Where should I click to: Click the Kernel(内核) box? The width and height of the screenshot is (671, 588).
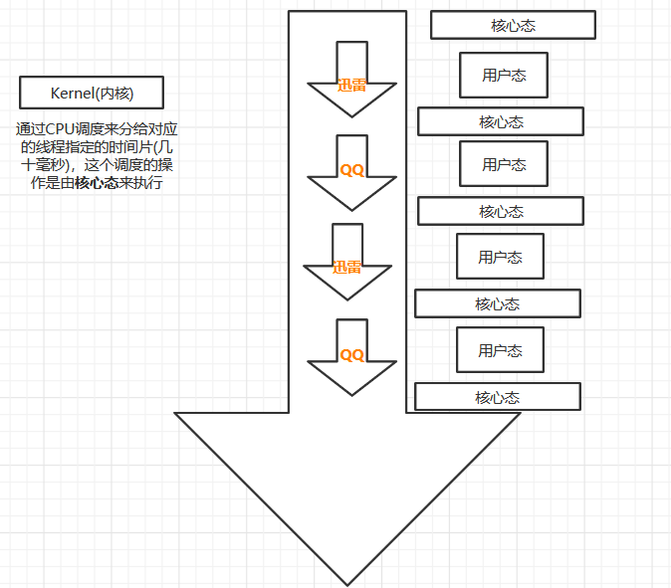[92, 94]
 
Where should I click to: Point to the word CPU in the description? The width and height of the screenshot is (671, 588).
[61, 129]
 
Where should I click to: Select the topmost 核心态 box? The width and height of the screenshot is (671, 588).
[513, 25]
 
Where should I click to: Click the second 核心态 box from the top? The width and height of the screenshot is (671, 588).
[500, 121]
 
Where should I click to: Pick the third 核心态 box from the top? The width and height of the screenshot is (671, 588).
[500, 211]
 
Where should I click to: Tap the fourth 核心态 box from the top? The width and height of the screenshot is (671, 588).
[497, 303]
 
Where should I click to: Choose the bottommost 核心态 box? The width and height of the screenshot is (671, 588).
[497, 397]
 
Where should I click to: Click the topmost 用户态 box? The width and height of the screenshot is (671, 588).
[504, 75]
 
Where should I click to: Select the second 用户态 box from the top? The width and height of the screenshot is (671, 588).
[504, 164]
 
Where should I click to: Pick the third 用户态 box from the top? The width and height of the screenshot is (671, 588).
[500, 257]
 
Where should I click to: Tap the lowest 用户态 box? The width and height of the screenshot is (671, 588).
[500, 350]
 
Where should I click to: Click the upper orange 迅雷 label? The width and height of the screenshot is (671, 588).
[351, 85]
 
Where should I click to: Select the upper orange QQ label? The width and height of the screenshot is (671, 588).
[352, 170]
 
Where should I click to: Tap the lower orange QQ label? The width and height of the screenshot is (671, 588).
[352, 354]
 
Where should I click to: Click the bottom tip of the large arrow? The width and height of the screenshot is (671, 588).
[346, 584]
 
